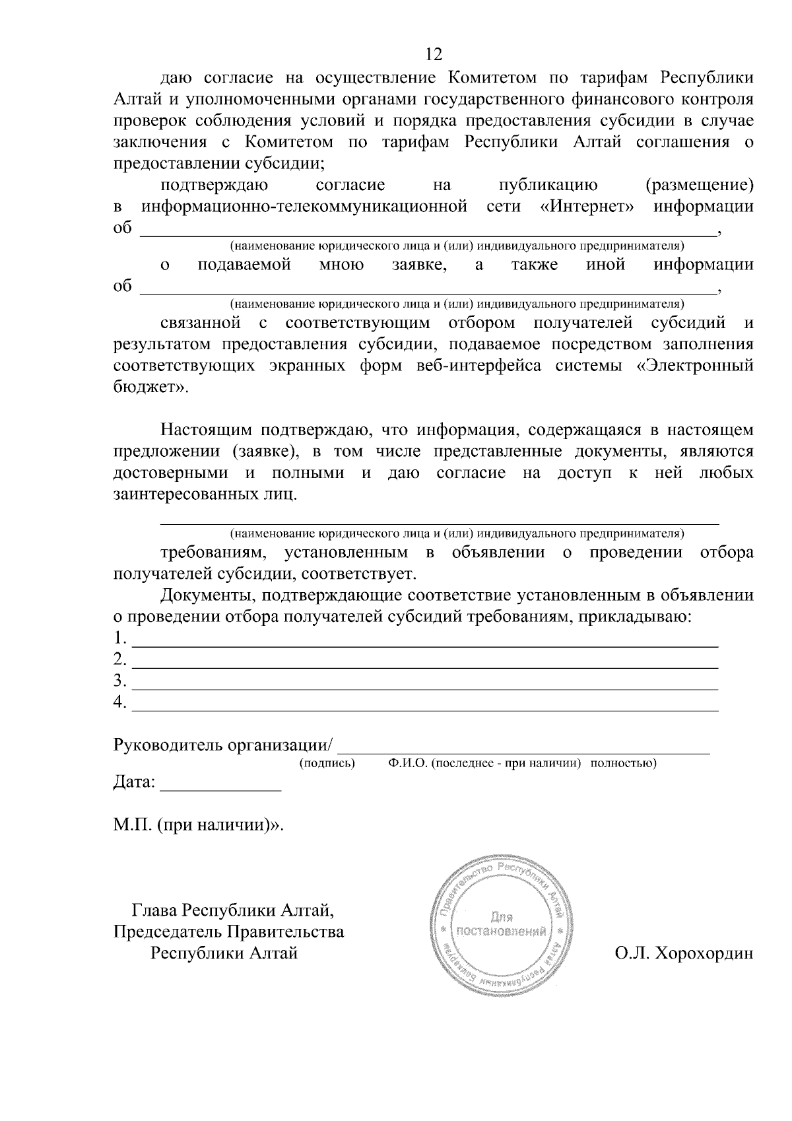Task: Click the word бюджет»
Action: (150, 388)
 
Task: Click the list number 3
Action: (119, 681)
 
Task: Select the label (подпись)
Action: (327, 764)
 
